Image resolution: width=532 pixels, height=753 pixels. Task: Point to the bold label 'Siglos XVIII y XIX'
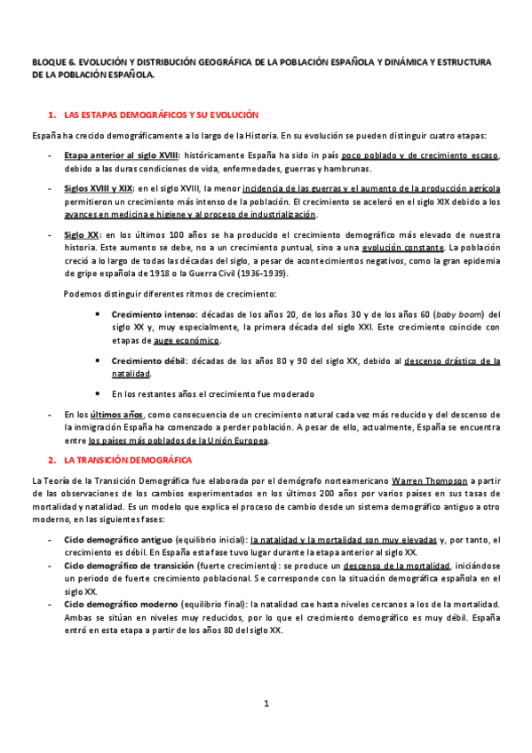(98, 188)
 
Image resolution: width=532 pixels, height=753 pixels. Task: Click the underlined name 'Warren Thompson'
(425, 480)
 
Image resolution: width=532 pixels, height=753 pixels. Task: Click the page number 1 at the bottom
(266, 704)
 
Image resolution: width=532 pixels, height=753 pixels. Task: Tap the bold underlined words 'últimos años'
(115, 415)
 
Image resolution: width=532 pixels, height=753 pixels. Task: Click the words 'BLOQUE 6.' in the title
(52, 63)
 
